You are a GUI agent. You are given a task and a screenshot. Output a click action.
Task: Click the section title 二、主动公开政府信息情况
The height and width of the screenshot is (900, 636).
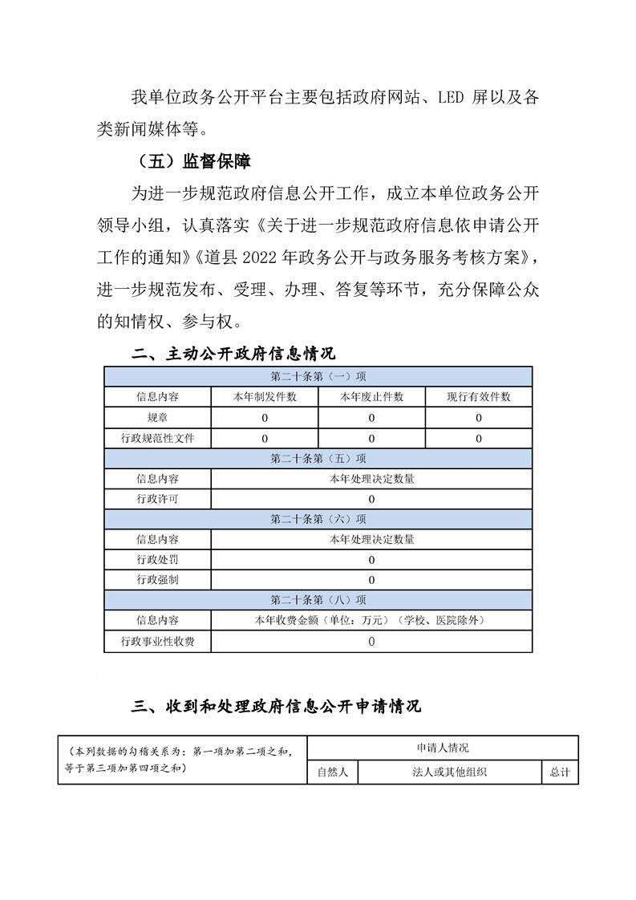click(x=233, y=354)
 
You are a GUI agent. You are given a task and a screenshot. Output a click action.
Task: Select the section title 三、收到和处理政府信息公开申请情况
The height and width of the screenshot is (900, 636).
click(x=276, y=706)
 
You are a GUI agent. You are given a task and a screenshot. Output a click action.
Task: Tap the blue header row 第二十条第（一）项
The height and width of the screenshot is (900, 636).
click(x=318, y=376)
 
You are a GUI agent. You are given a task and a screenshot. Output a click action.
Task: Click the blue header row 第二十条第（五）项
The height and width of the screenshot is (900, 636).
click(x=318, y=459)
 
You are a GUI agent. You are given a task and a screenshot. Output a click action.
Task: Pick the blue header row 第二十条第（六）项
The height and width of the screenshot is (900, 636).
click(x=318, y=519)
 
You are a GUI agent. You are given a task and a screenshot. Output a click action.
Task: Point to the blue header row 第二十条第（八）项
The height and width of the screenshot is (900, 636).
click(x=318, y=600)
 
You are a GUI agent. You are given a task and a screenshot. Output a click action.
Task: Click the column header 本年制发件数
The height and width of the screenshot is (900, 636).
click(x=265, y=397)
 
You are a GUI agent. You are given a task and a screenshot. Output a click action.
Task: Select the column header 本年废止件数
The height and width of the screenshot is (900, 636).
click(x=371, y=397)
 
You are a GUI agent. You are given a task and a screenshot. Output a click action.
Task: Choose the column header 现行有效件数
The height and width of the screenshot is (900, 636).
click(x=478, y=397)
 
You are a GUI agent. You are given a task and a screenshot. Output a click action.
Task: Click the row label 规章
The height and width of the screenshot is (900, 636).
click(x=157, y=418)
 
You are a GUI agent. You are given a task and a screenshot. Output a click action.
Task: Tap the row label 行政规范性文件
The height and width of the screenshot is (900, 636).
click(x=157, y=439)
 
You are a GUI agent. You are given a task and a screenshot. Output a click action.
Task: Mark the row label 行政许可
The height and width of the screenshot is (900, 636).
click(x=157, y=499)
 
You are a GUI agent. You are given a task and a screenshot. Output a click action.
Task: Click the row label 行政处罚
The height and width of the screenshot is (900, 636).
click(x=157, y=559)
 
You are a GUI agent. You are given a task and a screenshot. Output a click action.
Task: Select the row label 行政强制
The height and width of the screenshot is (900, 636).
click(x=157, y=580)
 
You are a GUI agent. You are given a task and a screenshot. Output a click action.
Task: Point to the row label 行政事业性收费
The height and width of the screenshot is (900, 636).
click(x=157, y=642)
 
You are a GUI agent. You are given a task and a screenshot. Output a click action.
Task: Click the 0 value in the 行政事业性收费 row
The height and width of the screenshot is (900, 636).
click(x=371, y=642)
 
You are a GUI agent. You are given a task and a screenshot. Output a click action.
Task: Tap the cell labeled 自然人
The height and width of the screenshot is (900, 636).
click(x=332, y=772)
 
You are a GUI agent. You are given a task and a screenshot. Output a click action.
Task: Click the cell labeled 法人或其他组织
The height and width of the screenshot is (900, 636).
click(x=450, y=772)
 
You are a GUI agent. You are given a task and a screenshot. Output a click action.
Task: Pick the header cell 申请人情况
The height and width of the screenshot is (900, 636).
click(x=442, y=748)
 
